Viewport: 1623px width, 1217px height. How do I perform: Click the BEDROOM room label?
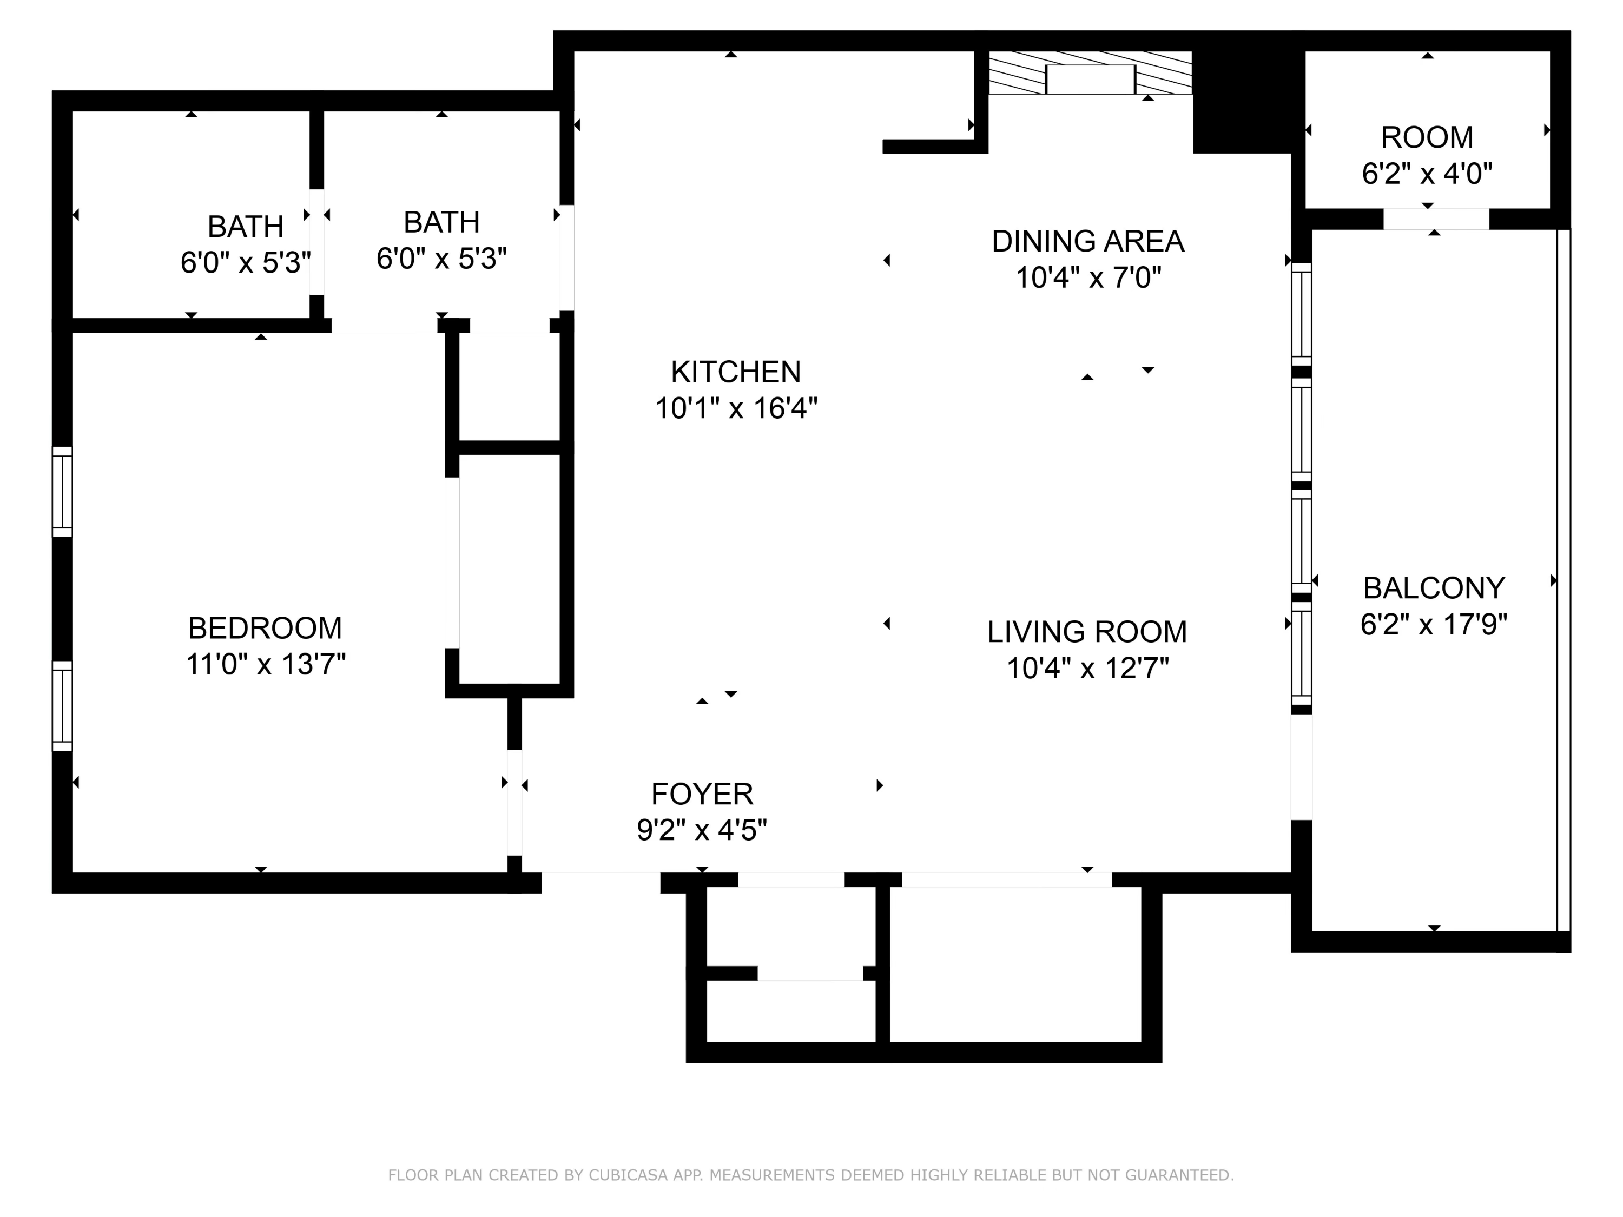coord(265,628)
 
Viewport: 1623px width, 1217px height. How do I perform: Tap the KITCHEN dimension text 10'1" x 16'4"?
coord(736,408)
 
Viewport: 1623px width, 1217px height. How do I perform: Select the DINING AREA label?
coord(1087,241)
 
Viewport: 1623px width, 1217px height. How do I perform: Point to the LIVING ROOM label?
coord(1087,632)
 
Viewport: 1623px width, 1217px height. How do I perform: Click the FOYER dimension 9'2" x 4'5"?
coord(702,830)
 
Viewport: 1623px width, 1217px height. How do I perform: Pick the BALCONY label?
coord(1434,587)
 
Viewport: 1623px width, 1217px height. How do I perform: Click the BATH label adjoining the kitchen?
coord(441,222)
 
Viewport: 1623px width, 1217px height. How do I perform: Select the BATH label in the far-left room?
coord(246,227)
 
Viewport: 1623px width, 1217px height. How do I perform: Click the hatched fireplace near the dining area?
coord(1090,74)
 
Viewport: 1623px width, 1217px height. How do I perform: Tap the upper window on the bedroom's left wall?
coord(62,492)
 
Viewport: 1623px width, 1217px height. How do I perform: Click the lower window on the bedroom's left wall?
coord(62,706)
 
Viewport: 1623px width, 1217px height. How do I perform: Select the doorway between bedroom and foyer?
coord(514,803)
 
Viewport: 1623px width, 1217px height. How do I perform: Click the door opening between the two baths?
coord(316,242)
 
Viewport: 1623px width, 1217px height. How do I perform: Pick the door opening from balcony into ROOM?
coord(1436,219)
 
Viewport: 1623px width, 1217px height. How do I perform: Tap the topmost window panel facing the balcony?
coord(1301,313)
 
